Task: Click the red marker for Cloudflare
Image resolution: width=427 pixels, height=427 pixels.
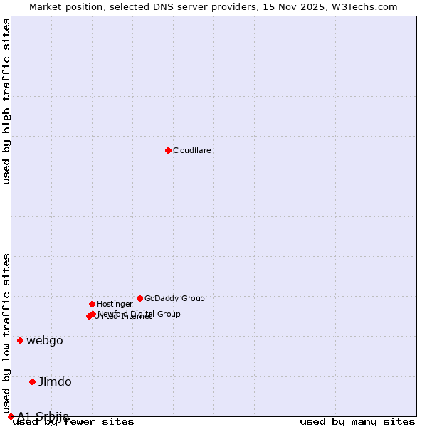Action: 168,150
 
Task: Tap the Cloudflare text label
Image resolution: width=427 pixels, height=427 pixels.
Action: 192,150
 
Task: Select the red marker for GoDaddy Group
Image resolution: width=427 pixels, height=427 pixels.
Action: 139,298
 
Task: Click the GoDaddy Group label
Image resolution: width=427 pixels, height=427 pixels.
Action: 174,298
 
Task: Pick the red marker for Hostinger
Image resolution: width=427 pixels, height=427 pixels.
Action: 92,304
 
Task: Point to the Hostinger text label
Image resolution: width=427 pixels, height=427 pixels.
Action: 115,304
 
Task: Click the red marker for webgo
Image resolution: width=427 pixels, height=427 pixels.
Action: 20,340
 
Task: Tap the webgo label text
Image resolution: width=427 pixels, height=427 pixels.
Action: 45,340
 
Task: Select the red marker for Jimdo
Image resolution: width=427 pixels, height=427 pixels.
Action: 32,381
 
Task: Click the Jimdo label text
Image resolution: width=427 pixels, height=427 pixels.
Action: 55,381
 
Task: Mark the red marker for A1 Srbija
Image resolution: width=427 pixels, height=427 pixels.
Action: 11,416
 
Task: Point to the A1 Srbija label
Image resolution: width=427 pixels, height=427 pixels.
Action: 43,416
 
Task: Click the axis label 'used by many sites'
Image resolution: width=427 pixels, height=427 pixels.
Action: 357,421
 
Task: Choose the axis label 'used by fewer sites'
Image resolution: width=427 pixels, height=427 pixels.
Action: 73,421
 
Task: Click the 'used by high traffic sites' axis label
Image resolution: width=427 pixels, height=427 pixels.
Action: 6,101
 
